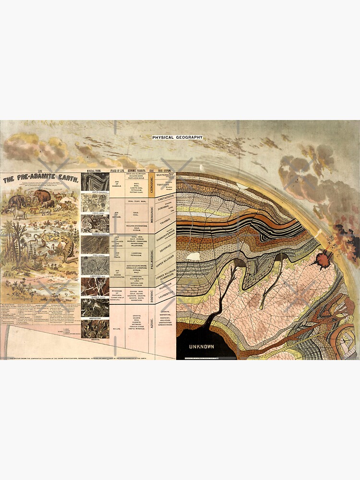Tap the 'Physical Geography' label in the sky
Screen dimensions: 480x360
[x=178, y=138]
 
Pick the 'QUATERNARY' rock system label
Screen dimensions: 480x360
[x=164, y=176]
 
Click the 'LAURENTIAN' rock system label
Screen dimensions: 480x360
[x=164, y=292]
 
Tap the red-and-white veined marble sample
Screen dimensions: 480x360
[x=95, y=286]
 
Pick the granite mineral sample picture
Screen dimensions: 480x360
[x=95, y=329]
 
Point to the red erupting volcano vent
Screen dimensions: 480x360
[x=318, y=262]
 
